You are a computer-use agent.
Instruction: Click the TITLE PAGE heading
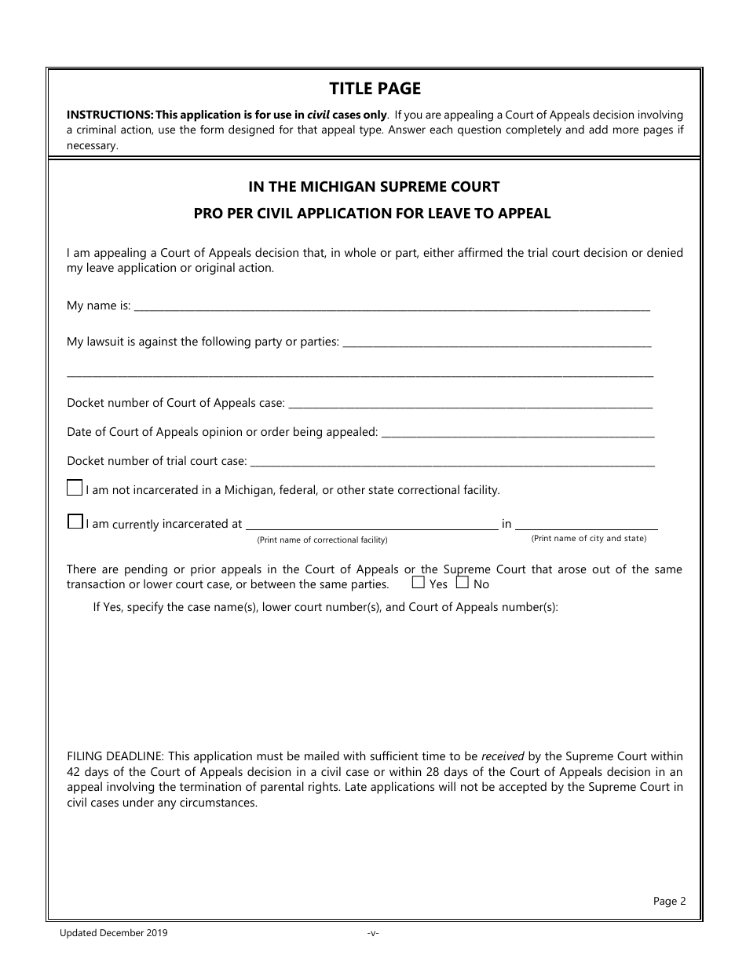coord(375,89)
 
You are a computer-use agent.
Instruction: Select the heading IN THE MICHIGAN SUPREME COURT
coord(374,187)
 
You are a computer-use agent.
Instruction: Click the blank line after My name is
coord(393,307)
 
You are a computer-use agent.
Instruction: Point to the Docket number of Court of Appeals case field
coord(471,404)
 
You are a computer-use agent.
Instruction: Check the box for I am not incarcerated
coord(75,488)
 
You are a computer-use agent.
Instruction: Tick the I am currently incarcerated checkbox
coord(75,521)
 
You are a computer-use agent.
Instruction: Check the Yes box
coord(419,584)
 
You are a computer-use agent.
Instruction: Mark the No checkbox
coord(463,584)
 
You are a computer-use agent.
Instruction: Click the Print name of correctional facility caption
coord(322,540)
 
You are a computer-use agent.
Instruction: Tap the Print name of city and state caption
coord(588,539)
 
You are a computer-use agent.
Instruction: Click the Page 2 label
coord(669,902)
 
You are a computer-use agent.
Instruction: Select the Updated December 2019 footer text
coord(113,933)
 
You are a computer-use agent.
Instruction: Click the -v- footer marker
coord(373,933)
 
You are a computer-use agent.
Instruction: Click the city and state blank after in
coord(587,525)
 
